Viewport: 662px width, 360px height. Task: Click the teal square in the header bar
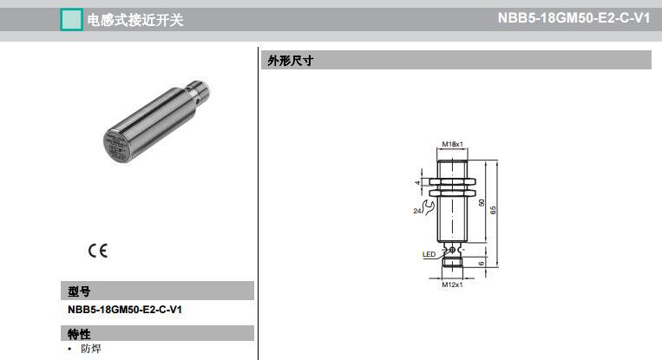(70, 19)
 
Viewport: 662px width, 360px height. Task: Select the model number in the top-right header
(574, 18)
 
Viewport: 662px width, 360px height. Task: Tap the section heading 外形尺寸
(290, 61)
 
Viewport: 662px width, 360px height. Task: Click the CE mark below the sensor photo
(97, 251)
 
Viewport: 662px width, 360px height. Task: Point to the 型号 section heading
(79, 291)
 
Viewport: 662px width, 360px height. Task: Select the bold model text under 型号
(125, 310)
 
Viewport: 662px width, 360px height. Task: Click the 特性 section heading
(79, 334)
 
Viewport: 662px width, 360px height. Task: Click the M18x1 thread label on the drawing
(452, 144)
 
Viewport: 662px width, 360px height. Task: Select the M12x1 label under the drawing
(452, 284)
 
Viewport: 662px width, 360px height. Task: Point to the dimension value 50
(482, 201)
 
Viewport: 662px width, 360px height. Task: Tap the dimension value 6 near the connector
(482, 263)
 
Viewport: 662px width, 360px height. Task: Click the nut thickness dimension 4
(417, 183)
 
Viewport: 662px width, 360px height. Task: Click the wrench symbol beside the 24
(426, 205)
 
